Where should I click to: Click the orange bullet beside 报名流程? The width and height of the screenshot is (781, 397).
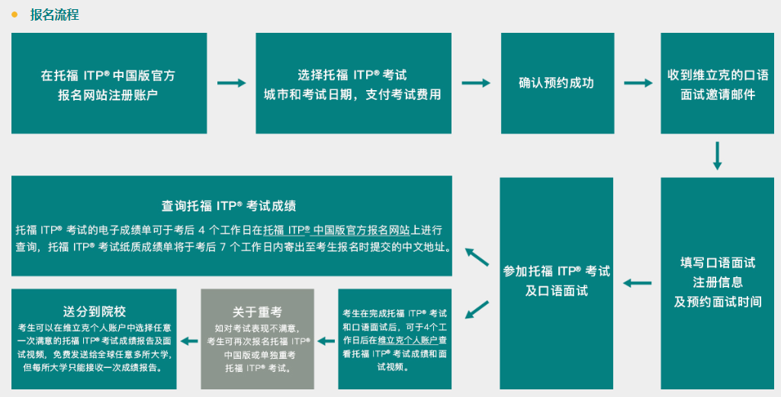(14, 15)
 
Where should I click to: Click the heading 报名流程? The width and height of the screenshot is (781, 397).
(54, 15)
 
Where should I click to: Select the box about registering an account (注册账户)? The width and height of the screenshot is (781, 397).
(108, 85)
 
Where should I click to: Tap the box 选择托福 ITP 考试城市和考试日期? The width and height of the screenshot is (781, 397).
(352, 85)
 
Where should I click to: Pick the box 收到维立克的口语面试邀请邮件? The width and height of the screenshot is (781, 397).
(718, 85)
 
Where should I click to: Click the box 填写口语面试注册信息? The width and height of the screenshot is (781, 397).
(718, 282)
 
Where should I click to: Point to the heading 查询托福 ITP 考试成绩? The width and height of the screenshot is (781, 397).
(229, 205)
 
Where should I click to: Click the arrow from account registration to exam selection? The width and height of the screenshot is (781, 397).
(232, 83)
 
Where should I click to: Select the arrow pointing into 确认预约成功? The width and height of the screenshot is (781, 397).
(476, 83)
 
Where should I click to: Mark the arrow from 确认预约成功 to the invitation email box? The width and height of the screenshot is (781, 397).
(638, 83)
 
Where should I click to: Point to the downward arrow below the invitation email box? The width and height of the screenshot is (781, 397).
(717, 155)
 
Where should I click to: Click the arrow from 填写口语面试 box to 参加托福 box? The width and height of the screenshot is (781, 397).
(638, 283)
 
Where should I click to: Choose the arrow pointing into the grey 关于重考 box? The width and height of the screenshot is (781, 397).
(326, 340)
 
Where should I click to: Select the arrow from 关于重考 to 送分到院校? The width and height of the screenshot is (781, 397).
(188, 340)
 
